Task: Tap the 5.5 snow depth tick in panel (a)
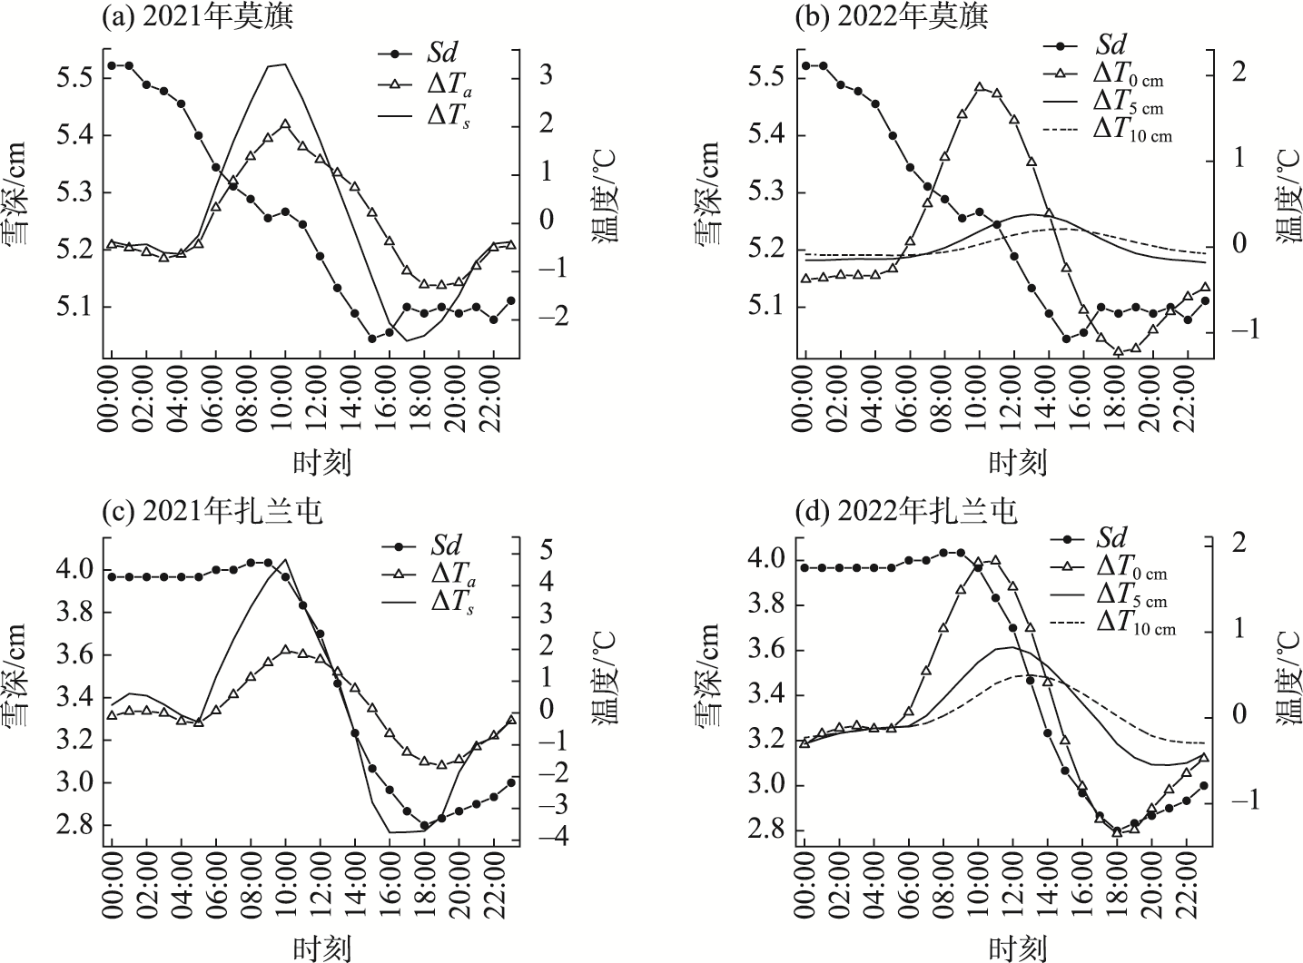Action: coord(74,78)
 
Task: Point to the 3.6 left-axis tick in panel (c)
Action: coord(74,655)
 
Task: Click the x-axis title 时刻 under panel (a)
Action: coord(321,463)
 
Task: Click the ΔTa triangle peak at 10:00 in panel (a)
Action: coord(285,124)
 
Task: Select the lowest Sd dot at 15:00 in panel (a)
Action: coord(371,339)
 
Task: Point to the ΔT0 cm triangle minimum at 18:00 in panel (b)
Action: coord(1118,351)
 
